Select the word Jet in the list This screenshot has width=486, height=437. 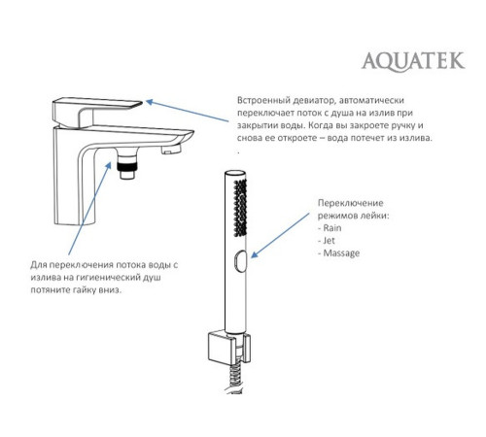click(x=330, y=240)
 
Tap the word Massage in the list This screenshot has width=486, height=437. click(x=340, y=253)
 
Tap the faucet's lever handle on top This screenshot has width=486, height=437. click(x=97, y=106)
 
